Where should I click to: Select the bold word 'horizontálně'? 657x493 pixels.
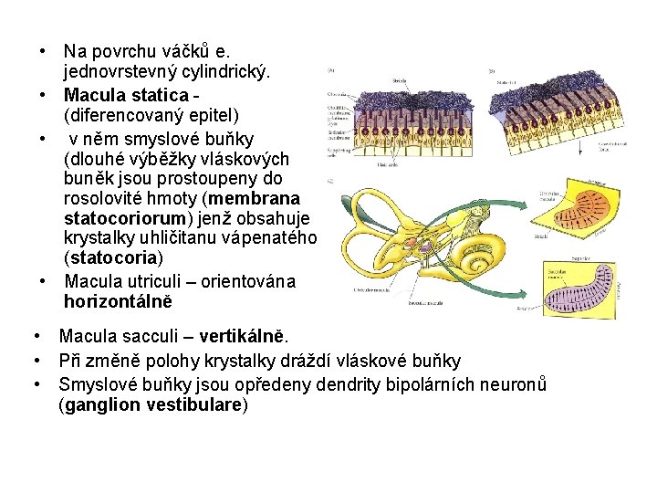point(118,300)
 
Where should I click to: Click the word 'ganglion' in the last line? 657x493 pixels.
point(98,404)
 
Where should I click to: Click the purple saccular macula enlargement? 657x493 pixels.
point(580,287)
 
